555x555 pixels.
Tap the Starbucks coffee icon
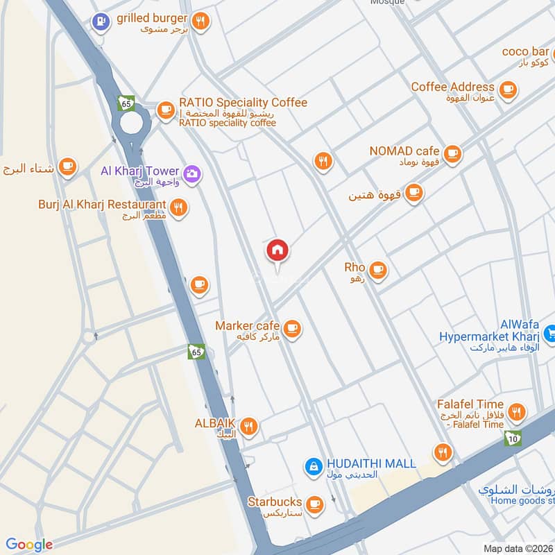(x=315, y=503)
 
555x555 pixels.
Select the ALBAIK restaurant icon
(x=249, y=425)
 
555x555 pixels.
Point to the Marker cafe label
(x=248, y=326)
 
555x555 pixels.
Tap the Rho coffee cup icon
(x=377, y=270)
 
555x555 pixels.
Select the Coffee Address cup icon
(x=509, y=89)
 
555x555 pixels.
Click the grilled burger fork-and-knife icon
(x=200, y=22)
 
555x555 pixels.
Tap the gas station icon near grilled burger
(x=101, y=22)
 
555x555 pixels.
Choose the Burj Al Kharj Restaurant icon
(x=179, y=207)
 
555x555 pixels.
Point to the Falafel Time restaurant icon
(x=515, y=411)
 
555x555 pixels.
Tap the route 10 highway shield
(x=513, y=438)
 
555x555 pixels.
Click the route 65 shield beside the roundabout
(x=126, y=103)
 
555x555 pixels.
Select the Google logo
(x=29, y=545)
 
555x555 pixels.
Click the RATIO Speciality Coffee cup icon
(x=165, y=110)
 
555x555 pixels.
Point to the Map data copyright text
(x=518, y=548)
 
